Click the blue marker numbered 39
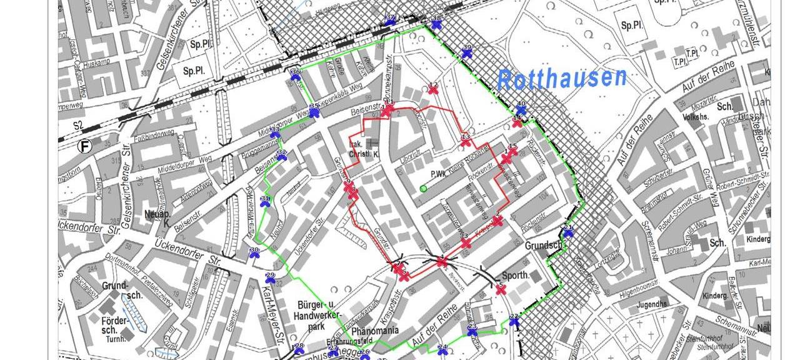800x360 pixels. [466, 53]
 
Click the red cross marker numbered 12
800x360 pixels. [433, 89]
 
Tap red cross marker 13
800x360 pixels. [466, 142]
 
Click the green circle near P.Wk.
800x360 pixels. [423, 188]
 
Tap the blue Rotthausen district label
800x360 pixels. [562, 79]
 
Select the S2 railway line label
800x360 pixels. [77, 126]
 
